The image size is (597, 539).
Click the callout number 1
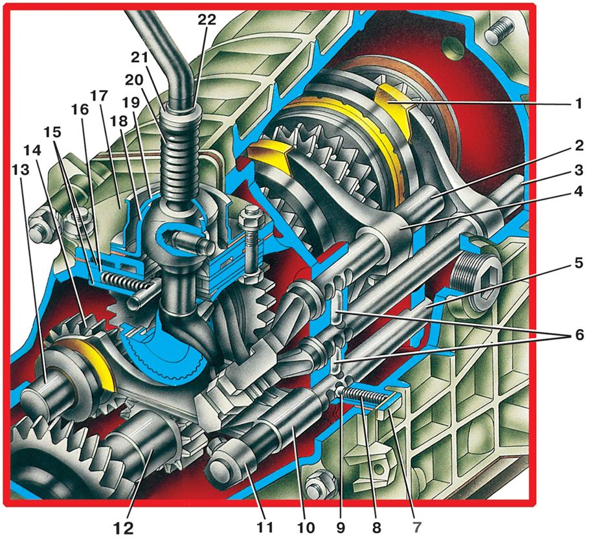(578, 103)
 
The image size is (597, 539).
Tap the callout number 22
(207, 19)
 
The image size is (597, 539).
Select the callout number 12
(124, 528)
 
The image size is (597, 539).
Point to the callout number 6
(579, 335)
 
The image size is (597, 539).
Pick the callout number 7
(417, 527)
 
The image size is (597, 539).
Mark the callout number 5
(579, 263)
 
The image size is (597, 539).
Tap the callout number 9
(340, 527)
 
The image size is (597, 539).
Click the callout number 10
(305, 527)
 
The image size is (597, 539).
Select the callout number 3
(579, 170)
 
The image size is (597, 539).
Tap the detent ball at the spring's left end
(339, 389)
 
